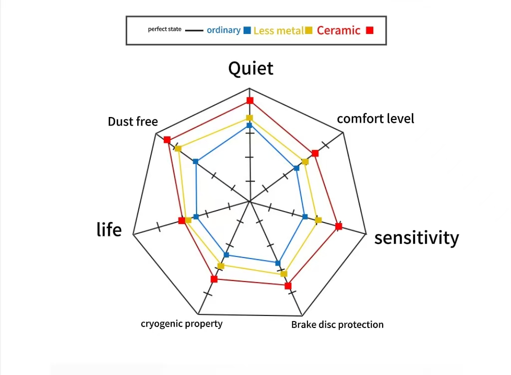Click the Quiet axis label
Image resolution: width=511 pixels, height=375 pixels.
251,68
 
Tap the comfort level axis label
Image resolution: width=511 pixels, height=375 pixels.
375,118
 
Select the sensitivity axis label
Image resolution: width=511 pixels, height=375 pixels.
416,237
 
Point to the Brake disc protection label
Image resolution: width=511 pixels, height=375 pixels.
337,324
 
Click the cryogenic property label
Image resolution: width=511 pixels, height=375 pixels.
182,323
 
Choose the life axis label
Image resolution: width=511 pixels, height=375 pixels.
109,229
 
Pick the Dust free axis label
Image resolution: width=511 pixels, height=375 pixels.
133,121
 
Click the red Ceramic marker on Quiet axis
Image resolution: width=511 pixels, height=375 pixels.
250,100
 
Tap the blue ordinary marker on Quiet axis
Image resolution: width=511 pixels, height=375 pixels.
249,125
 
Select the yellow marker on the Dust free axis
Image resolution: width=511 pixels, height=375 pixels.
178,148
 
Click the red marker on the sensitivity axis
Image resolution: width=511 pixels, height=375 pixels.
339,226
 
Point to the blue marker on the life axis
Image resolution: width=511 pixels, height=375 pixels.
196,217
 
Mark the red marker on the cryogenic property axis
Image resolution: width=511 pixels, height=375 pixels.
214,279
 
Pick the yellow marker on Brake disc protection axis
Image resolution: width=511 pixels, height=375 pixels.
283,273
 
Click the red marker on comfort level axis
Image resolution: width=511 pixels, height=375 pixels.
315,153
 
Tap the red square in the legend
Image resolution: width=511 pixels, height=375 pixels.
370,30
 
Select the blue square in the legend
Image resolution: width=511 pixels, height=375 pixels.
247,30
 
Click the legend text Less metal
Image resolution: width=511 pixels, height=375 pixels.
278,30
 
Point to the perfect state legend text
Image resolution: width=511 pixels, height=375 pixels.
165,29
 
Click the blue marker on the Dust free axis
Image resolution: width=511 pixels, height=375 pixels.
196,161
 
